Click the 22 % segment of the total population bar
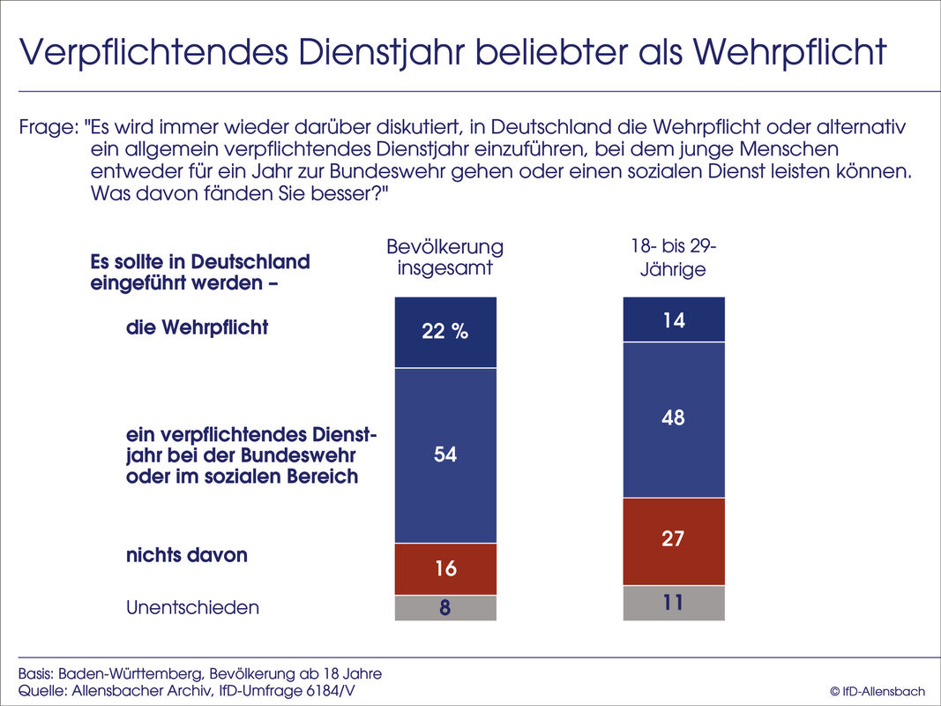point(445,332)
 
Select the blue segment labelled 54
point(445,454)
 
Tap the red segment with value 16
point(445,569)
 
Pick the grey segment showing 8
point(445,608)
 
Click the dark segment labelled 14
point(674,319)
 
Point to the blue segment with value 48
point(674,419)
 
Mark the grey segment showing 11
point(674,603)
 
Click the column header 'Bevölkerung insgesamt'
point(445,257)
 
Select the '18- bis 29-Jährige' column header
point(674,257)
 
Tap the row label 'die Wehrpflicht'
point(197,327)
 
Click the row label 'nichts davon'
point(186,555)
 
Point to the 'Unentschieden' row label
point(192,607)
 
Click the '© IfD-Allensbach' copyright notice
point(877,691)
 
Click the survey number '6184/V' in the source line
point(325,691)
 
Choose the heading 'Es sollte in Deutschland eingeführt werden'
point(200,273)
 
